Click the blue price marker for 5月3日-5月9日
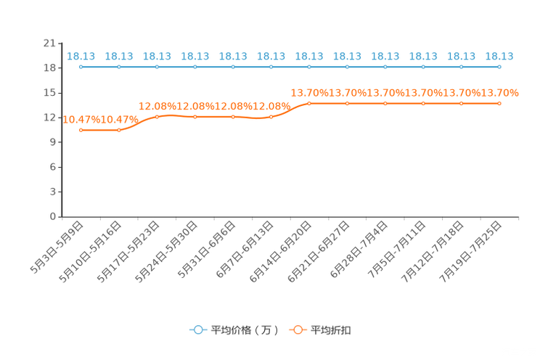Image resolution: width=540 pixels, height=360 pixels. [x=81, y=67]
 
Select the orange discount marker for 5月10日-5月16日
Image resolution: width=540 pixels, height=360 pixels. [x=119, y=130]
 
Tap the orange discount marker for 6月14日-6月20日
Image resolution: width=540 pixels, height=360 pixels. [x=309, y=103]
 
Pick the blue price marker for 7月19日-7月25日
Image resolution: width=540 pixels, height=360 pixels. [x=499, y=67]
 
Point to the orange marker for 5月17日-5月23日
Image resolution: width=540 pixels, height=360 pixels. [x=157, y=117]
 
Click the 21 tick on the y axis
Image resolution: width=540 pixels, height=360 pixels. [x=49, y=44]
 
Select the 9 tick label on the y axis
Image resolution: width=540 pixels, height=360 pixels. [x=53, y=142]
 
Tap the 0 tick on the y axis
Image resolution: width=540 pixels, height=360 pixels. [x=53, y=216]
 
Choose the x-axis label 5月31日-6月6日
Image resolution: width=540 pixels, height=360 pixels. [x=207, y=250]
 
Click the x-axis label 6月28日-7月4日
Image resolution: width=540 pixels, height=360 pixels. [x=359, y=250]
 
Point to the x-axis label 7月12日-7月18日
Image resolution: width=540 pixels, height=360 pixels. [x=433, y=252]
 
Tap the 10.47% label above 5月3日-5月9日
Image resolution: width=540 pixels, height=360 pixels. [x=81, y=120]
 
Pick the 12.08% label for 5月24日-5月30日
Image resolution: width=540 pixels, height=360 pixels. [x=195, y=107]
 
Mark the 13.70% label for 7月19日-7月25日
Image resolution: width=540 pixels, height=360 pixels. [x=499, y=93]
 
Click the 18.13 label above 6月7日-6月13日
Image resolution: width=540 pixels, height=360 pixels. [x=271, y=56]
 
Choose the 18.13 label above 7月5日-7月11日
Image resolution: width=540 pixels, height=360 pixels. [x=423, y=56]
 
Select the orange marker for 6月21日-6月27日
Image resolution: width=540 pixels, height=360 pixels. [x=347, y=103]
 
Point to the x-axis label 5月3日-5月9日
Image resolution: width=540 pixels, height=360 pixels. [x=57, y=247]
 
